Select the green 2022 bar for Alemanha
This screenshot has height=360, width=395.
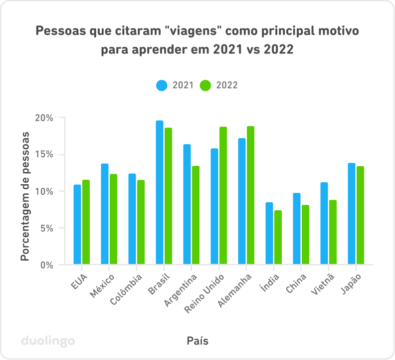coord(250,195)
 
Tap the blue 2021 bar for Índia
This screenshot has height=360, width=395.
coord(269,233)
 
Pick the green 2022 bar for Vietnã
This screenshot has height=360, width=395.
coord(333,232)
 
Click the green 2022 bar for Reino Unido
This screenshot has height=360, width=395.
coord(223,195)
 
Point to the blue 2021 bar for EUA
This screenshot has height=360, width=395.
coord(77,224)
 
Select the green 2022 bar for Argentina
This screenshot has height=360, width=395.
coord(196,215)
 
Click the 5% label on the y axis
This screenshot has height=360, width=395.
coord(46,228)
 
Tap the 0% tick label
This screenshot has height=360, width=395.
coord(46,265)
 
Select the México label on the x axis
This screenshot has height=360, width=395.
coord(104,285)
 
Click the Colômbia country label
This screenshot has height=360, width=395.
coord(127,289)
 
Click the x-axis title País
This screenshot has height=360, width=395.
coord(197,341)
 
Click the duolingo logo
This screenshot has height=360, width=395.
coord(48,341)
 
